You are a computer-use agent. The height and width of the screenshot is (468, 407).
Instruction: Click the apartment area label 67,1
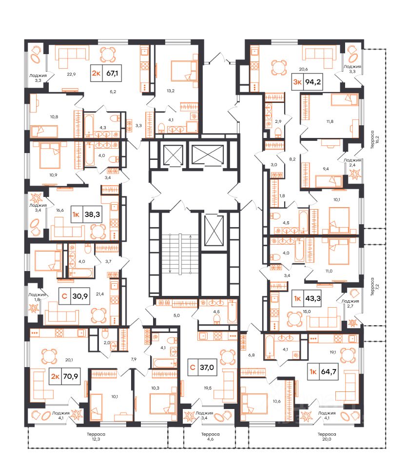click(x=112, y=73)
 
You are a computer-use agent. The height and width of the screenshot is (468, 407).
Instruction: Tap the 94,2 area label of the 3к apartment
click(x=313, y=81)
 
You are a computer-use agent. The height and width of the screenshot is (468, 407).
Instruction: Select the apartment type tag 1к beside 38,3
click(x=76, y=214)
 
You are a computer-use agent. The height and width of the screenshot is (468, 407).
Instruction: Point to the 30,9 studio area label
click(x=80, y=296)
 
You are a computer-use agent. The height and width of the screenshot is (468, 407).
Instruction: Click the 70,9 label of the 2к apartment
click(x=71, y=376)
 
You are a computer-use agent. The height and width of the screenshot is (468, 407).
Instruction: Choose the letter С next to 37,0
click(x=193, y=367)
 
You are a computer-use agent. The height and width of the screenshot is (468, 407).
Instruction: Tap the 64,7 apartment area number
click(x=329, y=371)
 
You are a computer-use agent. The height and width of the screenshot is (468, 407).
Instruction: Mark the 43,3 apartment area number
click(x=313, y=298)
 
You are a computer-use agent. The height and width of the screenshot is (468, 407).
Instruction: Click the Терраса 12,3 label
click(x=96, y=437)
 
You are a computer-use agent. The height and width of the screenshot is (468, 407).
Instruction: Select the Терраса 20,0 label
click(x=327, y=437)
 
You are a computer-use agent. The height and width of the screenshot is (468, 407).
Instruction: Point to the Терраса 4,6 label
click(x=211, y=437)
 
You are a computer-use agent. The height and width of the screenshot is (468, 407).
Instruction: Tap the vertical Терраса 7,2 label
click(x=374, y=287)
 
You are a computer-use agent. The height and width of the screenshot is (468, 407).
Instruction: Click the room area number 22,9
click(x=71, y=74)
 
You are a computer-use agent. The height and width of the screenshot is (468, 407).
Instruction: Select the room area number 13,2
click(x=171, y=91)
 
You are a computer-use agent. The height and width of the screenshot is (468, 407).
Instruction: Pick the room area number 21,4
click(x=99, y=294)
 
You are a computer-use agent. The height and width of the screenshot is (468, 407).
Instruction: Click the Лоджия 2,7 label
click(x=350, y=304)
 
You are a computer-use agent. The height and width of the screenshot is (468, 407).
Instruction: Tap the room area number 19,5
click(x=208, y=388)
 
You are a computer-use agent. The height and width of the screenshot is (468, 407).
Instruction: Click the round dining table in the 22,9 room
click(x=107, y=54)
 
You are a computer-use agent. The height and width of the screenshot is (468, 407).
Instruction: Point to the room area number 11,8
click(x=329, y=121)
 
